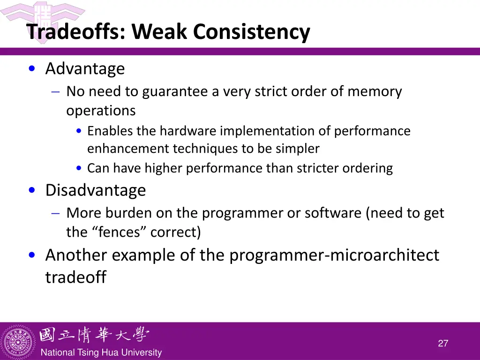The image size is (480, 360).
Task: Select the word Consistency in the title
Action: [252, 32]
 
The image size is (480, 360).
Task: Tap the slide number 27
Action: [443, 344]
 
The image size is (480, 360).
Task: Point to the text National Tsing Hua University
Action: [101, 353]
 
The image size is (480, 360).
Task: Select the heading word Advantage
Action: [85, 69]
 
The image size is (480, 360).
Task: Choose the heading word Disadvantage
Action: [96, 190]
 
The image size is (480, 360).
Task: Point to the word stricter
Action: [316, 168]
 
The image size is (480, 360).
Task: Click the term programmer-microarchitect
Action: [334, 255]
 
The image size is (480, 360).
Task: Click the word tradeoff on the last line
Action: [75, 277]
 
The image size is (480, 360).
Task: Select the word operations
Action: [101, 111]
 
